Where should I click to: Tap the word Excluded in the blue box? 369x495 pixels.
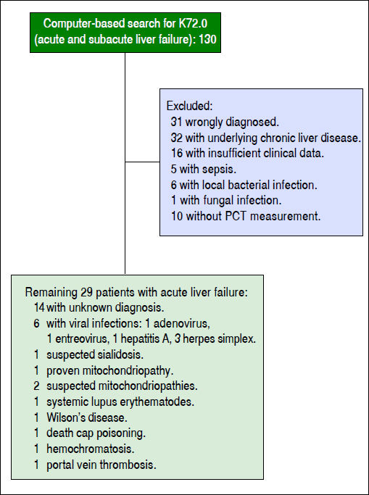tap(188, 105)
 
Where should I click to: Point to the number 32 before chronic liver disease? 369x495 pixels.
tap(176, 137)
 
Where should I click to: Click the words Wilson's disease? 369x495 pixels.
tap(87, 417)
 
